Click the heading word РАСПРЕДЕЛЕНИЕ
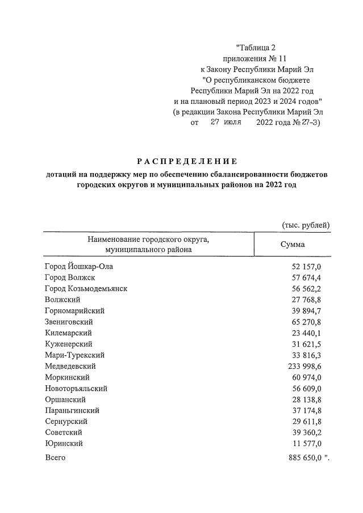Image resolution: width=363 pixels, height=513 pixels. point(187,161)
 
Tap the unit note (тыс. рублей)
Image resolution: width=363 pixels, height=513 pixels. point(306,225)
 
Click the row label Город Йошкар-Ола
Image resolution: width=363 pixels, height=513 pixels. point(82,266)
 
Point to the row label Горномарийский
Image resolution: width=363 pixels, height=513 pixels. point(74,310)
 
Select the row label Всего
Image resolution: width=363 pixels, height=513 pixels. point(55,457)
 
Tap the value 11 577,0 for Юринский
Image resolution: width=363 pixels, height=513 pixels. point(307,444)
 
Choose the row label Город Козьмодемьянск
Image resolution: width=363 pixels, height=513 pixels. point(86,288)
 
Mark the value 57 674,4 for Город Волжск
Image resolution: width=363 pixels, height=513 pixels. point(307,277)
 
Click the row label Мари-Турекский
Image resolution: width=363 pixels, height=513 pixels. point(74,355)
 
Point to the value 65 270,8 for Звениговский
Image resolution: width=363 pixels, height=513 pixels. point(307,322)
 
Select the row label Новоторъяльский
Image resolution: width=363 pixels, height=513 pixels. point(76,389)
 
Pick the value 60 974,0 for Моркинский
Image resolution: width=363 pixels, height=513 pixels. point(307,377)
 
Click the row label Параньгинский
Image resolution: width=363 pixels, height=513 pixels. point(72,410)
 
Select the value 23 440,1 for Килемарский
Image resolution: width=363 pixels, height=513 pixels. point(307,333)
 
